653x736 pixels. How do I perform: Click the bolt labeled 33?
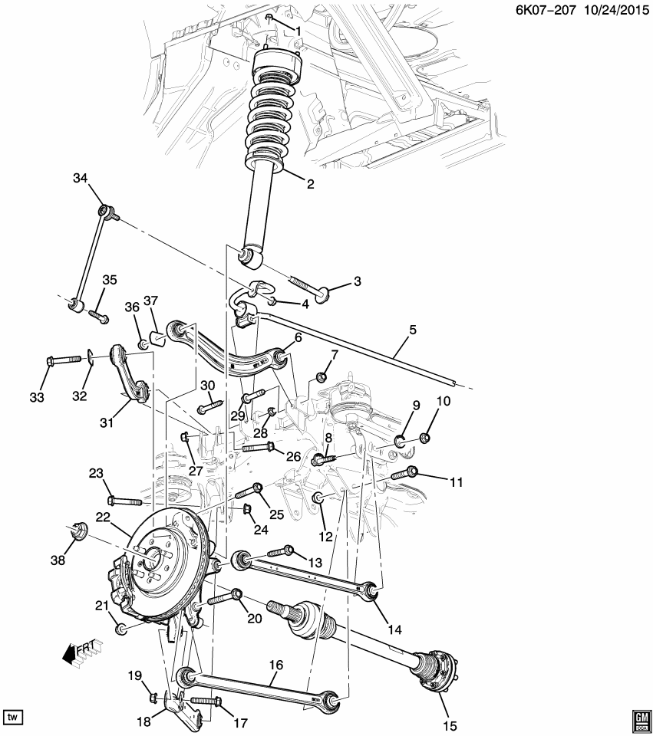[x=61, y=359]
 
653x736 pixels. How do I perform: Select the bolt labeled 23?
[x=123, y=501]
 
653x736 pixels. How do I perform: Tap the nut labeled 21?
[x=121, y=629]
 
